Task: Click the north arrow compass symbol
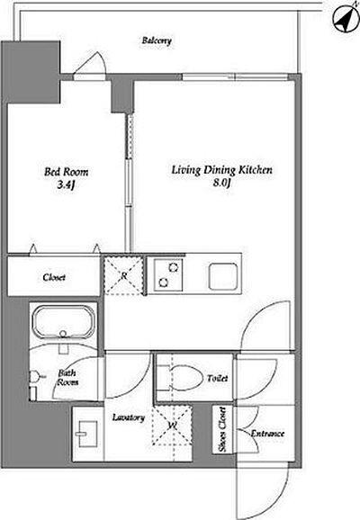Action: (x=346, y=18)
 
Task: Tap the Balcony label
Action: (x=157, y=40)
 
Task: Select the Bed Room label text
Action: (x=67, y=172)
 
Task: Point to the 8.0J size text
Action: (x=221, y=183)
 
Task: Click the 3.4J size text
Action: (x=66, y=184)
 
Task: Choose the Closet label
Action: (x=54, y=277)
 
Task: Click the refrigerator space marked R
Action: (x=124, y=275)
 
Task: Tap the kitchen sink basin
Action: (x=223, y=275)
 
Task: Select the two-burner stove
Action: (x=168, y=275)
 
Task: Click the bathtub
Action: (x=63, y=322)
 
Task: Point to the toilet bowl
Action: (x=185, y=378)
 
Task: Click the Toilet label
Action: (x=218, y=378)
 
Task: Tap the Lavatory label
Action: (x=129, y=417)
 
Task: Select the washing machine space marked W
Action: (x=172, y=426)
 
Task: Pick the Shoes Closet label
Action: (x=222, y=429)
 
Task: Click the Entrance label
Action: (x=267, y=434)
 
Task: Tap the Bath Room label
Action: (x=67, y=378)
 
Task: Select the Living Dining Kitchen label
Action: (x=221, y=170)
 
